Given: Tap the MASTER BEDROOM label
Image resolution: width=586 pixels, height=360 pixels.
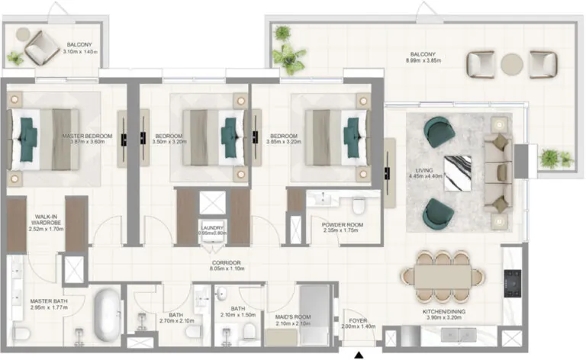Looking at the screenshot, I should point(87,137).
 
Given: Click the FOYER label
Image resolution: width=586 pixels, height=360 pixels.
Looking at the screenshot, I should point(359,321).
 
